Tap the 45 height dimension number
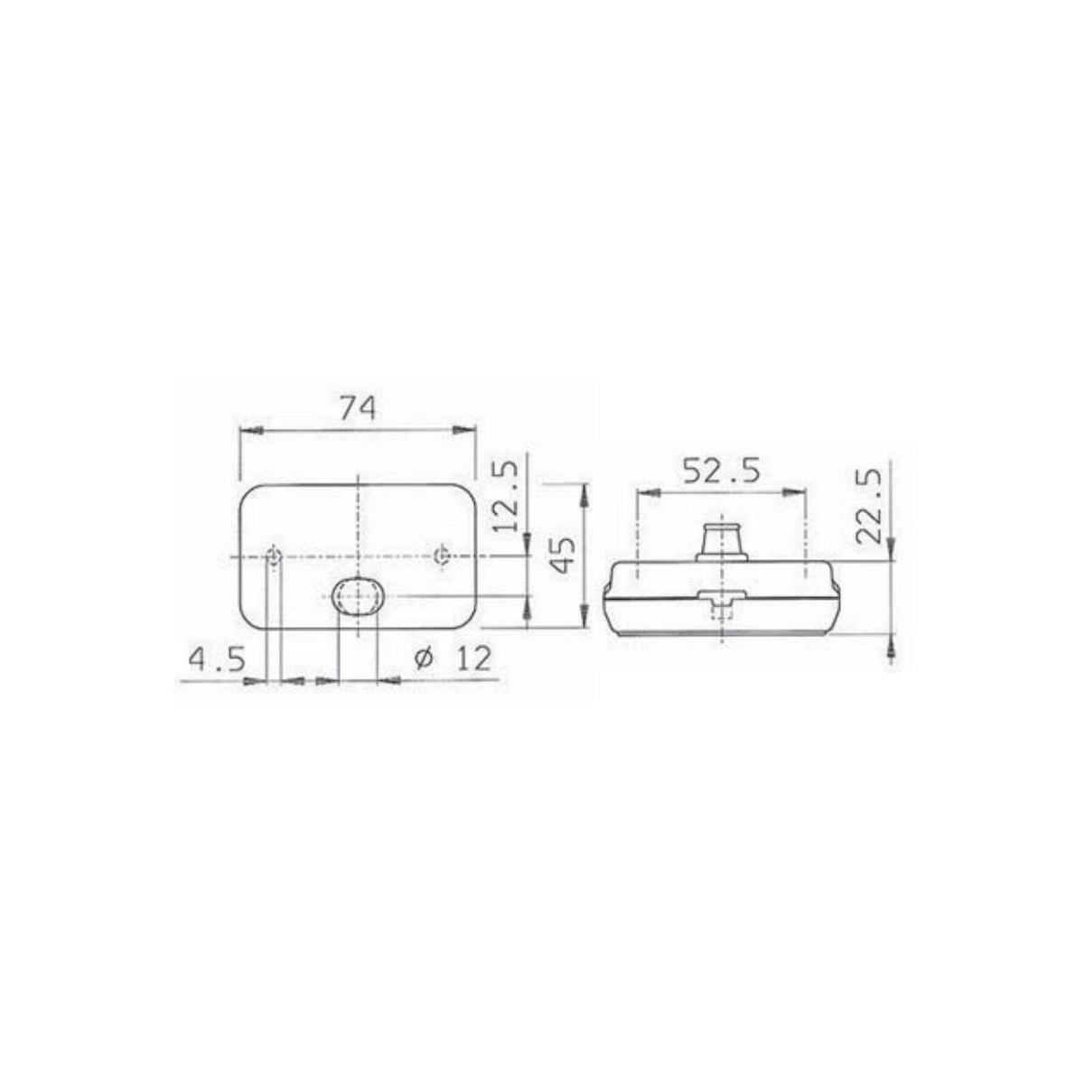[x=563, y=555]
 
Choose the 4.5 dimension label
[x=217, y=659]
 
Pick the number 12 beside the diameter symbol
[x=473, y=659]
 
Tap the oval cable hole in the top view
[x=358, y=595]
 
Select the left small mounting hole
[x=274, y=556]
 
